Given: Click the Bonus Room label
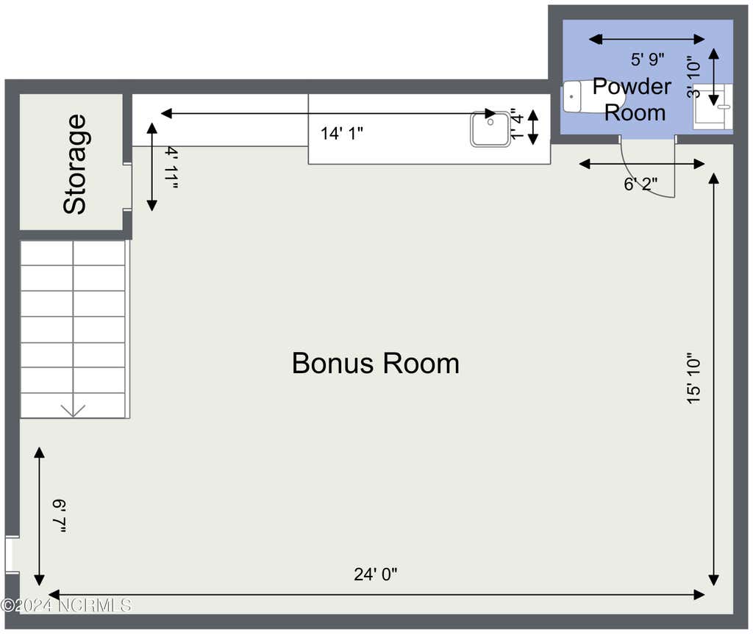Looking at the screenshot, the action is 376,364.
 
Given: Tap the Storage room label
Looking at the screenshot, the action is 75,164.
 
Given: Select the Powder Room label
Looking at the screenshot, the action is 633,99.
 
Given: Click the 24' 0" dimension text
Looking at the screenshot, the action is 376,574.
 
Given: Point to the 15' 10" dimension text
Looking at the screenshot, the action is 693,378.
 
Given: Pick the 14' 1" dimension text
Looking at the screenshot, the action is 341,134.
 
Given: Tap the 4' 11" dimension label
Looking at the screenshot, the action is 171,167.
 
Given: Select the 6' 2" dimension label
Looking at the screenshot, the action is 640,184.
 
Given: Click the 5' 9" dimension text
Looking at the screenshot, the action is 647,60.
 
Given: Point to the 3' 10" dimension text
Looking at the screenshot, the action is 693,77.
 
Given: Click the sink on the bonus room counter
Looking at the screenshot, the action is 490,129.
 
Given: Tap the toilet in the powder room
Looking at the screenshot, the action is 594,97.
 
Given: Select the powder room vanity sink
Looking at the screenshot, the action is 713,107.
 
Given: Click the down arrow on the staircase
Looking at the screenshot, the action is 73,411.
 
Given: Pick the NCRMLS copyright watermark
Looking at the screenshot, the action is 66,605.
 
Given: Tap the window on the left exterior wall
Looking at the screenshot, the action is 12,555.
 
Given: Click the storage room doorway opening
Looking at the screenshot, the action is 127,187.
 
